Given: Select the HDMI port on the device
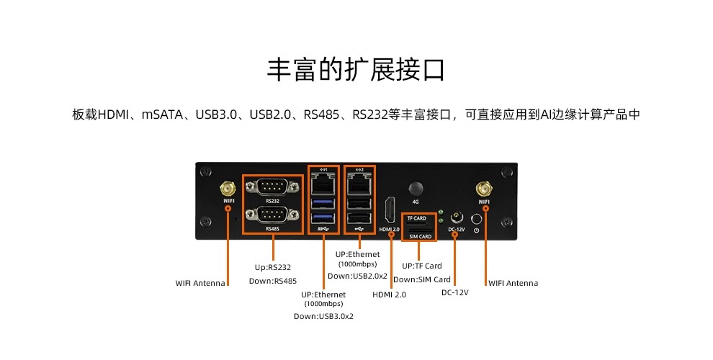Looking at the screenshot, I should click(x=389, y=210).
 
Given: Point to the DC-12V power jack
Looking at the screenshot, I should click(x=456, y=217).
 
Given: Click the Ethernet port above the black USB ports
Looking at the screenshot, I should click(x=359, y=185).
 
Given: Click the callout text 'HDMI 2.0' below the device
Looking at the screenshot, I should click(x=389, y=294).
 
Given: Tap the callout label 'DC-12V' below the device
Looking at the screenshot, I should click(x=455, y=293).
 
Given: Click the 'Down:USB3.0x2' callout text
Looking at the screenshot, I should click(x=323, y=316).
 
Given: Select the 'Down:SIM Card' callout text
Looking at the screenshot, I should click(x=422, y=279).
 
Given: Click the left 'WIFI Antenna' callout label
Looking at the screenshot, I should click(x=201, y=283).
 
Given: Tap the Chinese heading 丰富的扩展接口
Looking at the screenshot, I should click(x=356, y=70).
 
